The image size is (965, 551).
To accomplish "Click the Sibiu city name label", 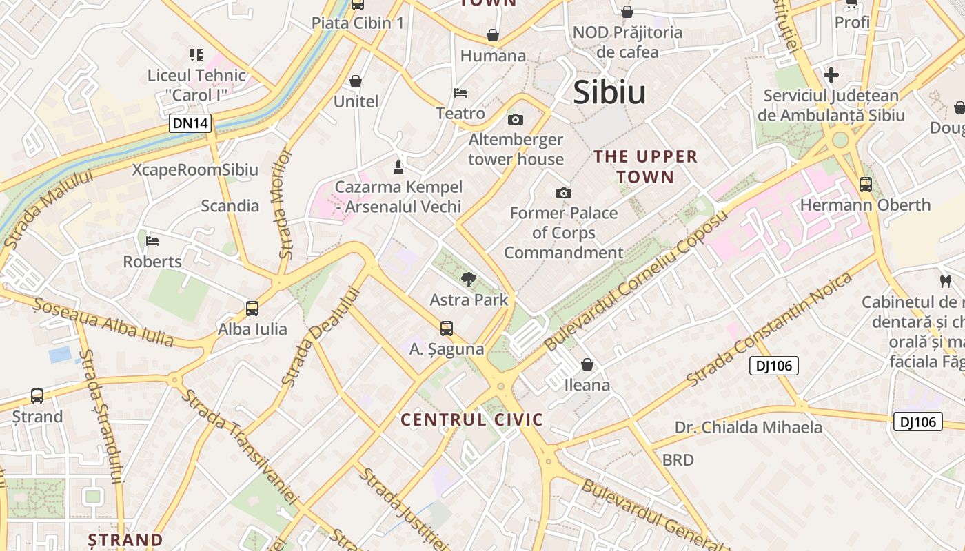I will tap(609, 92).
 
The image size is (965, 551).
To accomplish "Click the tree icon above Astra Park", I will tap(469, 279).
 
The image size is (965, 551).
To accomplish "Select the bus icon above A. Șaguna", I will tap(447, 329).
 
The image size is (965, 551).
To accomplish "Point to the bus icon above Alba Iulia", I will tap(252, 309).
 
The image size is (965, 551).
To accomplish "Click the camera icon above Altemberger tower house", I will tap(515, 120).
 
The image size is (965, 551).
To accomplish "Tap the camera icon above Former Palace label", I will tap(564, 193).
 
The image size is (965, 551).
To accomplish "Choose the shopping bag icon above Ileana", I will tap(587, 364).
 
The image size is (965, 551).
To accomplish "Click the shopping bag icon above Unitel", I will tap(356, 81).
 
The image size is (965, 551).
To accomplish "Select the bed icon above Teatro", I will tap(460, 92).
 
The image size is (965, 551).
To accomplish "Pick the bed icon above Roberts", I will tap(152, 241).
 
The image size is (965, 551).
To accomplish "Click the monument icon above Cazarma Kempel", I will tap(398, 167).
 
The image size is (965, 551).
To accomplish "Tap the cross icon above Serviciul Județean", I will tap(831, 75).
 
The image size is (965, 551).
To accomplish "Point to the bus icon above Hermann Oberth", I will tap(865, 185).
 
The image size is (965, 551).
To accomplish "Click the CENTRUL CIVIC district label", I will tap(472, 419).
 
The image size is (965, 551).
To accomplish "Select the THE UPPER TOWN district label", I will tap(646, 167).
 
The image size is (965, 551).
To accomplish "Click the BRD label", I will tap(678, 459).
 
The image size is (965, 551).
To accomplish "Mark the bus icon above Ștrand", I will tap(37, 396).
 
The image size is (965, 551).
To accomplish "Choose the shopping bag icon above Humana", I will tap(493, 35).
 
